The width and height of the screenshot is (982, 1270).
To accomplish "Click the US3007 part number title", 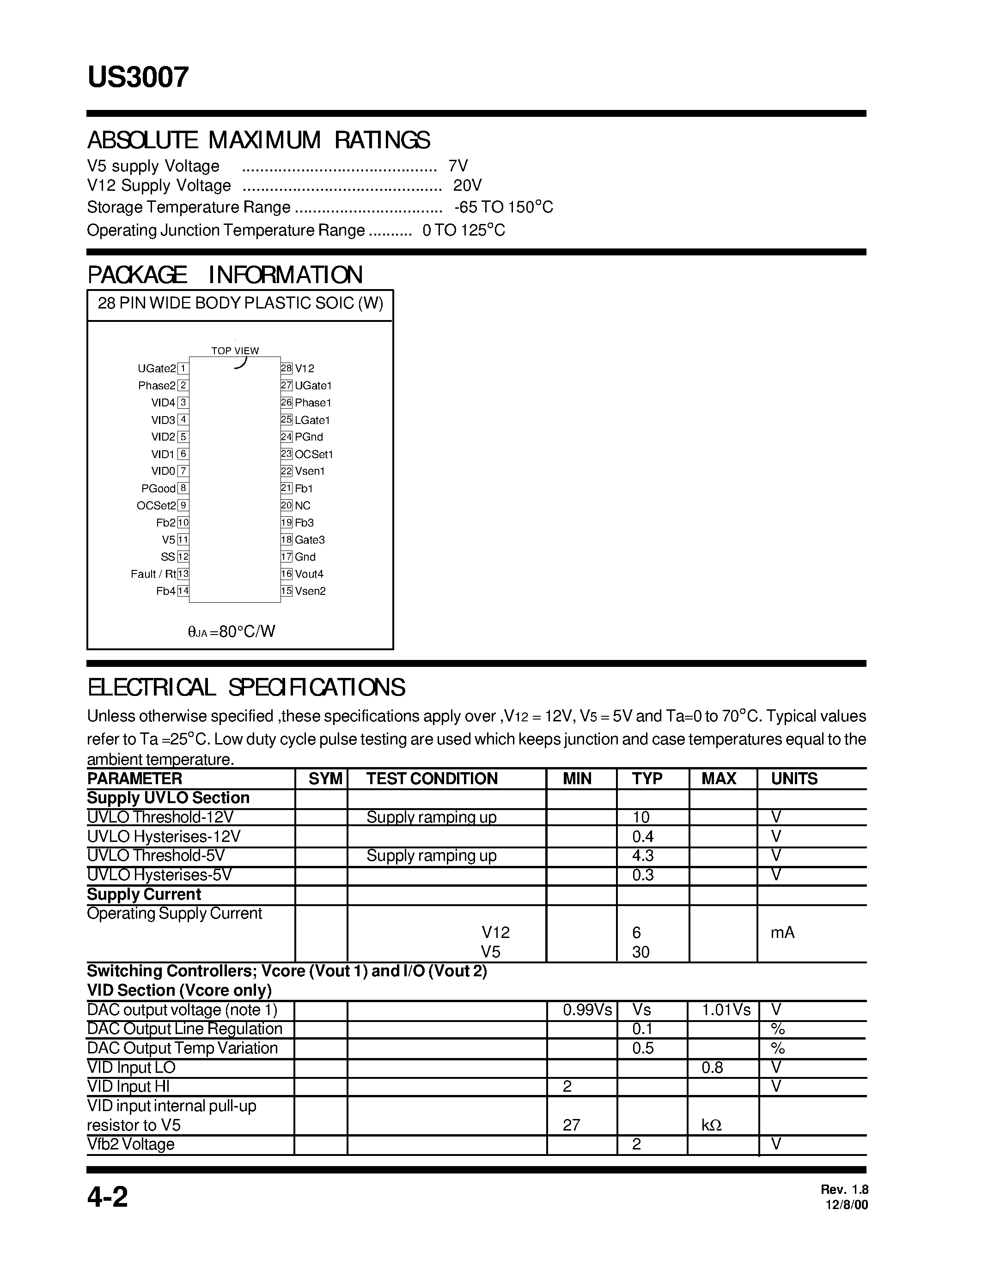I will click(x=138, y=77).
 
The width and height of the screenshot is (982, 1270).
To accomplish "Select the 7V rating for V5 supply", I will click(x=458, y=166).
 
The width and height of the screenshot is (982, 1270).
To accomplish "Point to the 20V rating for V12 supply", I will click(x=467, y=186).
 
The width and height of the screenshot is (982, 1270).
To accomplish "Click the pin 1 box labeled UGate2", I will click(x=183, y=368).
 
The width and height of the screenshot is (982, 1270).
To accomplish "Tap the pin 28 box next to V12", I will click(x=286, y=368).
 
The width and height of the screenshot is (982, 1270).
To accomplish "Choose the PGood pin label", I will click(x=158, y=489).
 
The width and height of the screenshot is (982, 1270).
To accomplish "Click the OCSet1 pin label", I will click(x=314, y=454).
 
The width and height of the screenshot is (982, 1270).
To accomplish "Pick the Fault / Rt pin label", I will click(x=153, y=574).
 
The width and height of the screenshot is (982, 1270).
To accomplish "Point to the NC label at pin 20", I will click(x=303, y=505).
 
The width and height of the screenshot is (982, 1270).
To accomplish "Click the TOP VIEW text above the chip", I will click(x=235, y=351).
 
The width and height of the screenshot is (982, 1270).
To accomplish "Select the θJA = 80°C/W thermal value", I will click(x=232, y=631).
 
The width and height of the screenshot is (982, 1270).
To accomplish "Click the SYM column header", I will click(x=325, y=779).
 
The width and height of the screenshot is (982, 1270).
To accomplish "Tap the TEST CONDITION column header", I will click(x=432, y=779).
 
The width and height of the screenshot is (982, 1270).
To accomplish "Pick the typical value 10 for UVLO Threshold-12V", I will click(x=640, y=817).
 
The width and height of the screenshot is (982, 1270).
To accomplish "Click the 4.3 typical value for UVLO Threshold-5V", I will click(x=643, y=855).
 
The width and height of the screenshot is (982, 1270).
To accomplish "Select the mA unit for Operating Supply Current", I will click(x=782, y=933).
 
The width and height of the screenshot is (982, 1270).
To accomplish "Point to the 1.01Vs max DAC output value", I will click(x=726, y=1010).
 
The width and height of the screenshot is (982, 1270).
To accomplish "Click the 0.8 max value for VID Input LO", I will click(x=712, y=1068).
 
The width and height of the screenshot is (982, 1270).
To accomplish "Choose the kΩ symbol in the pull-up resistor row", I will click(x=712, y=1125).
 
